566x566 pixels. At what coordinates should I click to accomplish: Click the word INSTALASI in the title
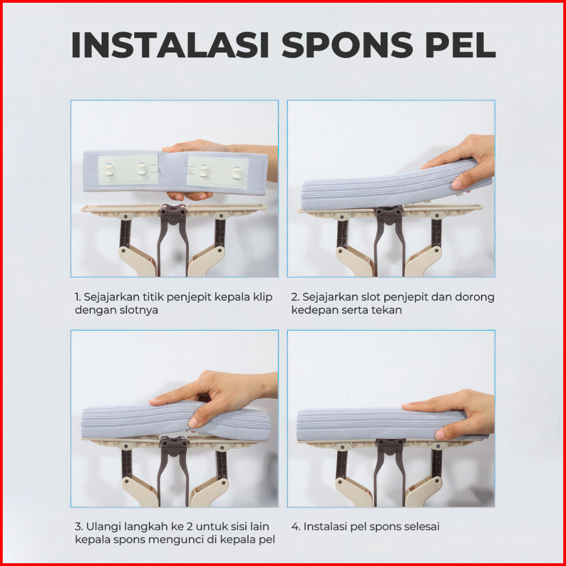tap(170, 45)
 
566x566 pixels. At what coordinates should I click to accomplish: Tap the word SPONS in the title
tap(347, 45)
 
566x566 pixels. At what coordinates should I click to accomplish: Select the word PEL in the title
tap(460, 45)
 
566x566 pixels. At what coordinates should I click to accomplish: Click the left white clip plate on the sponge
tap(129, 169)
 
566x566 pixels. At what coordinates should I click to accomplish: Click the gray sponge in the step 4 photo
tap(383, 425)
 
